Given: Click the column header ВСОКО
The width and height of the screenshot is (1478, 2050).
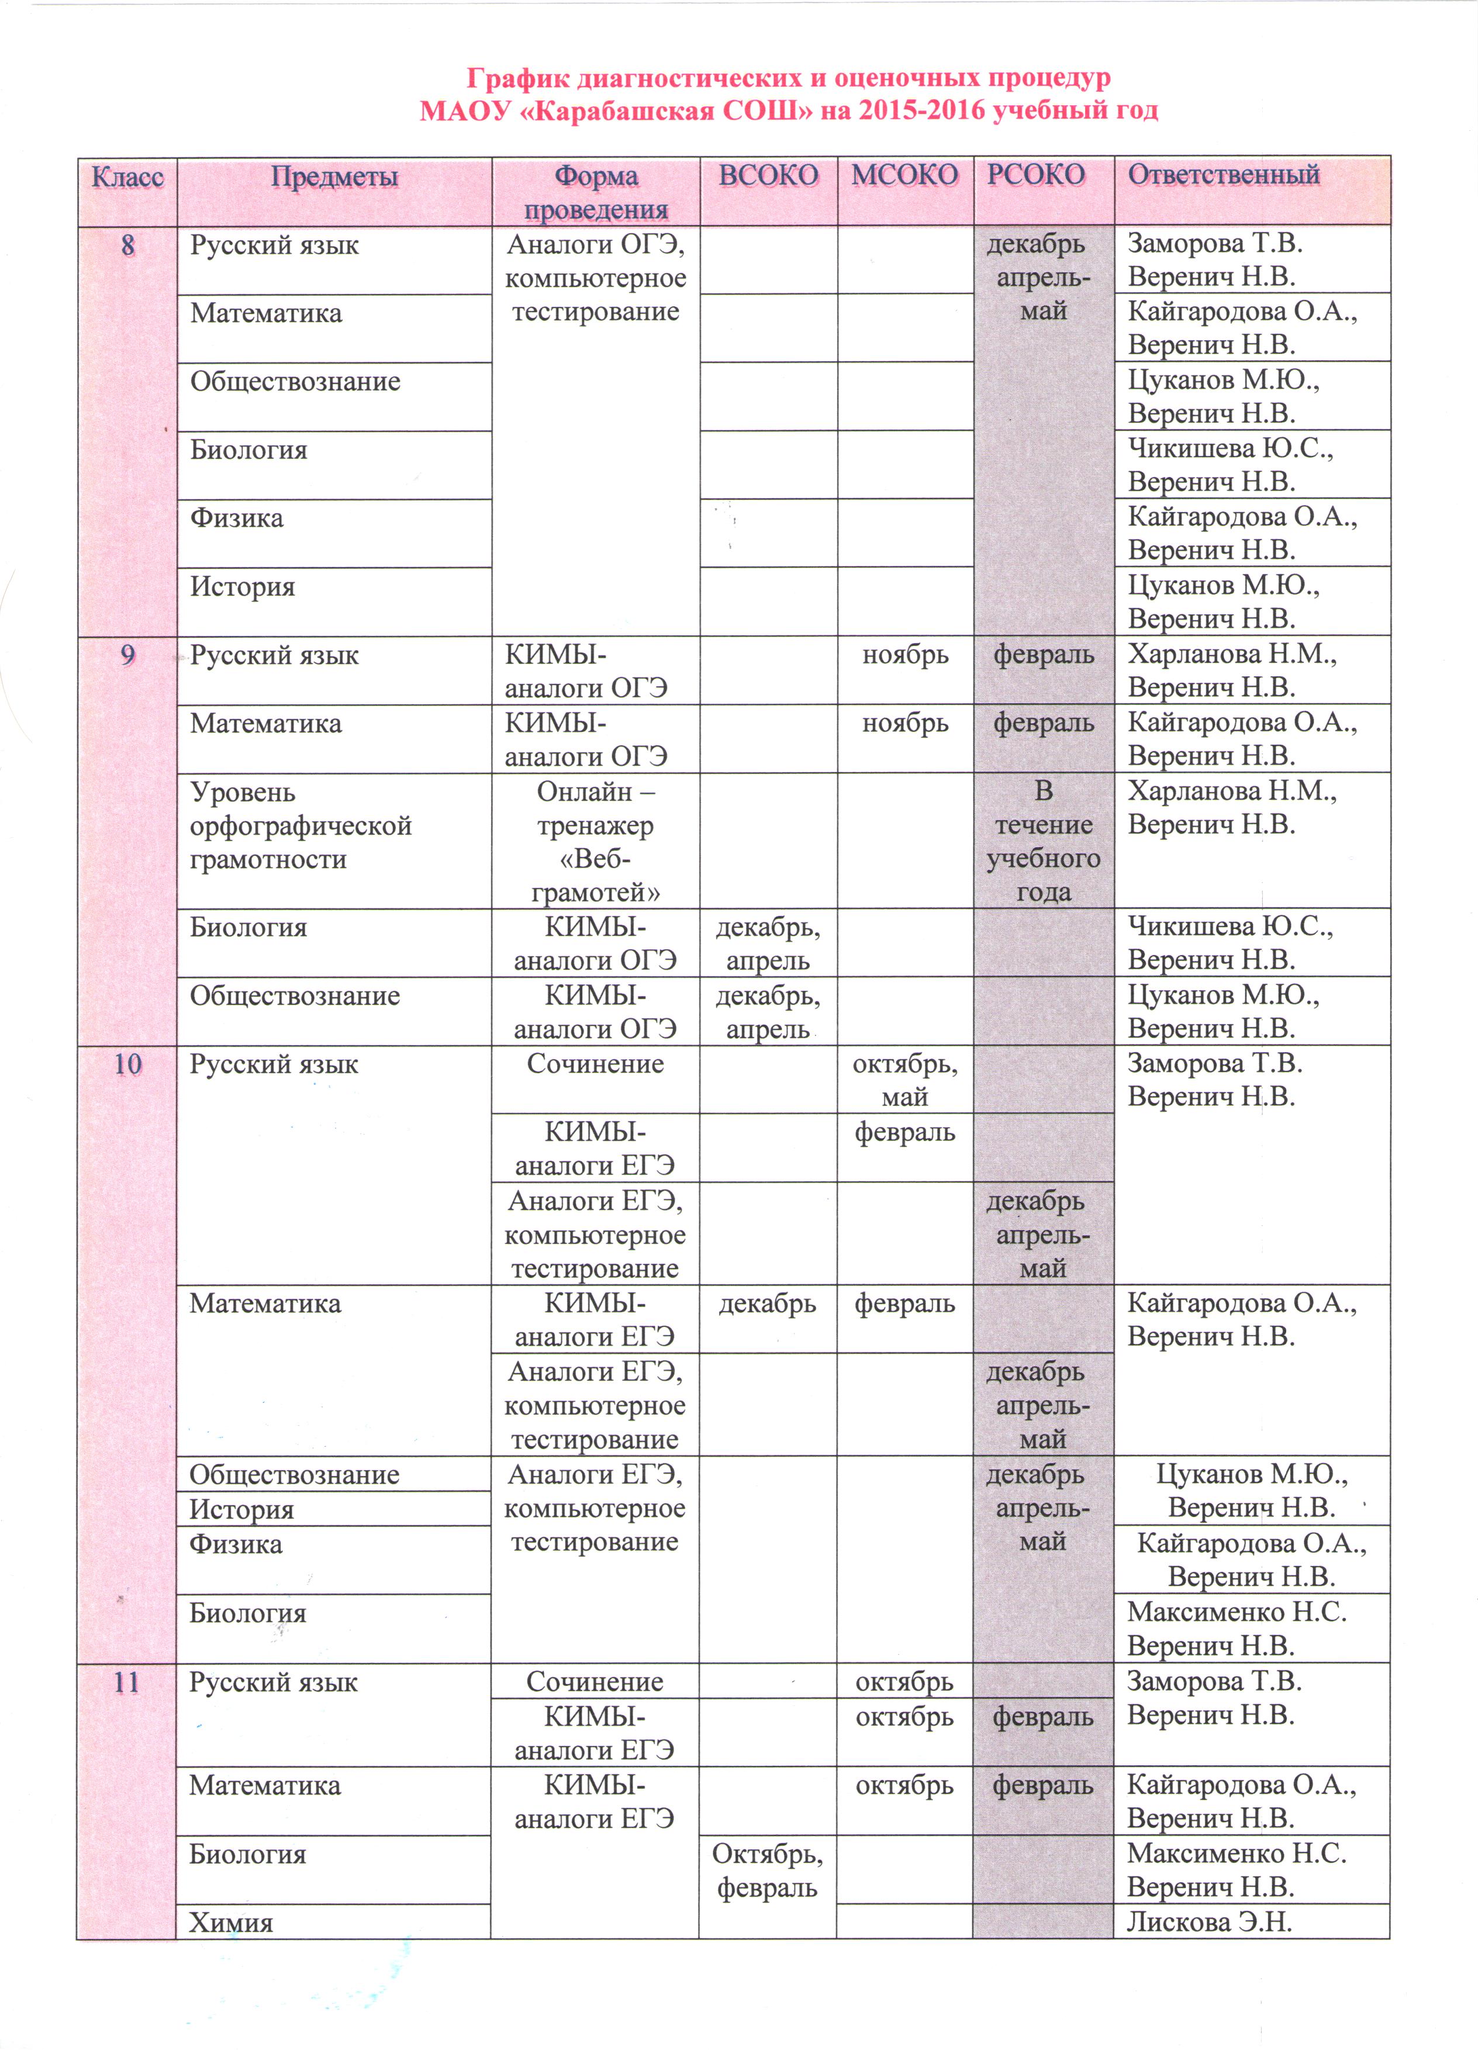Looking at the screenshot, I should click(768, 175).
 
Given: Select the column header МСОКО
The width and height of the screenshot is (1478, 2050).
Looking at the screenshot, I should click(904, 175).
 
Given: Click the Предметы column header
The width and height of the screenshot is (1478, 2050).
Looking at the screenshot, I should click(334, 177).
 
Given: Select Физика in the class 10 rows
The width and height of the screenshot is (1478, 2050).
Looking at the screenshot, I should click(236, 1545).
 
